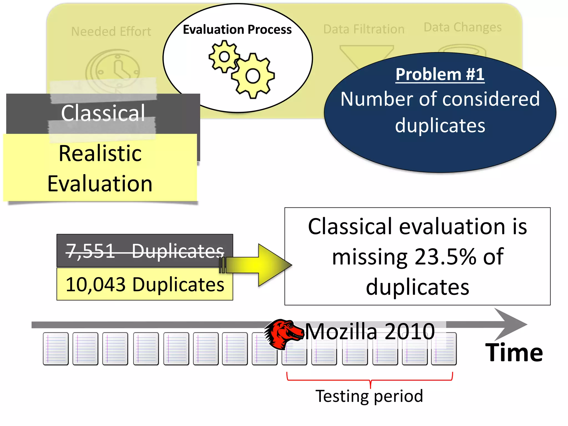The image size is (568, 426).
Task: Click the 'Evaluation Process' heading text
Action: [x=237, y=29]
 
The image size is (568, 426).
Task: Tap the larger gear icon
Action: [x=253, y=76]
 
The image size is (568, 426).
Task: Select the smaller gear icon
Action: [x=224, y=57]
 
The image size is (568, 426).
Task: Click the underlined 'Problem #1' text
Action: [x=440, y=74]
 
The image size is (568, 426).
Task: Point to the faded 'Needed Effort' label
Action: [x=111, y=32]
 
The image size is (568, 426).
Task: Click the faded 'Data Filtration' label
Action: [x=364, y=29]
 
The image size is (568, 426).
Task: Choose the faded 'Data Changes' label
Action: [x=463, y=27]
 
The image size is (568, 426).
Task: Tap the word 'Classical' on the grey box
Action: [x=103, y=113]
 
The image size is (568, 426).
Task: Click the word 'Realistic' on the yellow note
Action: [x=100, y=153]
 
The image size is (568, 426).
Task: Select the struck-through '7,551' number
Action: [x=90, y=251]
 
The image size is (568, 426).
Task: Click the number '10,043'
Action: [x=95, y=285]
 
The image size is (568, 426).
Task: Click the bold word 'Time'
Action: [x=514, y=353]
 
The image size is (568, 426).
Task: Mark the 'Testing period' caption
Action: [x=369, y=396]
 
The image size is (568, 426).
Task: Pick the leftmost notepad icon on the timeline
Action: [x=56, y=349]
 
